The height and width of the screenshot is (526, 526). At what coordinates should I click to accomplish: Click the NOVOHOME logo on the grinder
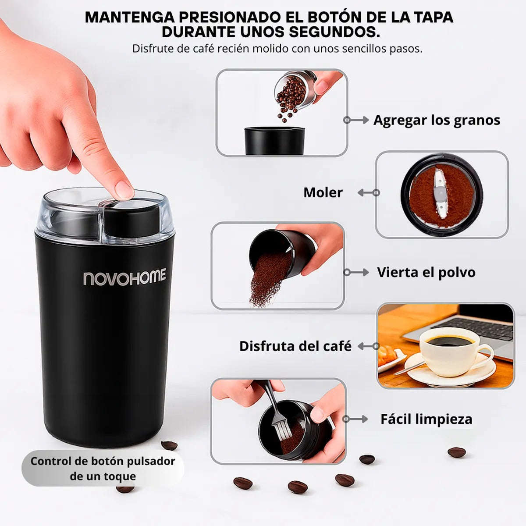(x=124, y=278)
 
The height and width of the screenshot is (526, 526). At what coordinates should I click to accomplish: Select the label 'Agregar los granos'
(x=437, y=120)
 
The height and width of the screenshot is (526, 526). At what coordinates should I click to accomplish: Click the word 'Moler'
(x=323, y=192)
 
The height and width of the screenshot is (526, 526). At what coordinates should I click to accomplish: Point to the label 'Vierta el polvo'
(x=426, y=272)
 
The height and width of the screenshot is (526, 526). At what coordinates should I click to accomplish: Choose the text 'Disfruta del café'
(x=295, y=346)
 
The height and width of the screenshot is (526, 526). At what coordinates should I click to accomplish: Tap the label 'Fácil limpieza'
(x=426, y=419)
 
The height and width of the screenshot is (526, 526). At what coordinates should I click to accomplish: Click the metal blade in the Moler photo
(x=439, y=196)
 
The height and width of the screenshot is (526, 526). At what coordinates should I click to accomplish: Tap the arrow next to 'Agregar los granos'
(x=356, y=120)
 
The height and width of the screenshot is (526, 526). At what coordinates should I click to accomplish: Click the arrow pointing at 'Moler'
(x=368, y=192)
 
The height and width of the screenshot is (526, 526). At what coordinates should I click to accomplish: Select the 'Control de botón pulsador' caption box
(x=103, y=468)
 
